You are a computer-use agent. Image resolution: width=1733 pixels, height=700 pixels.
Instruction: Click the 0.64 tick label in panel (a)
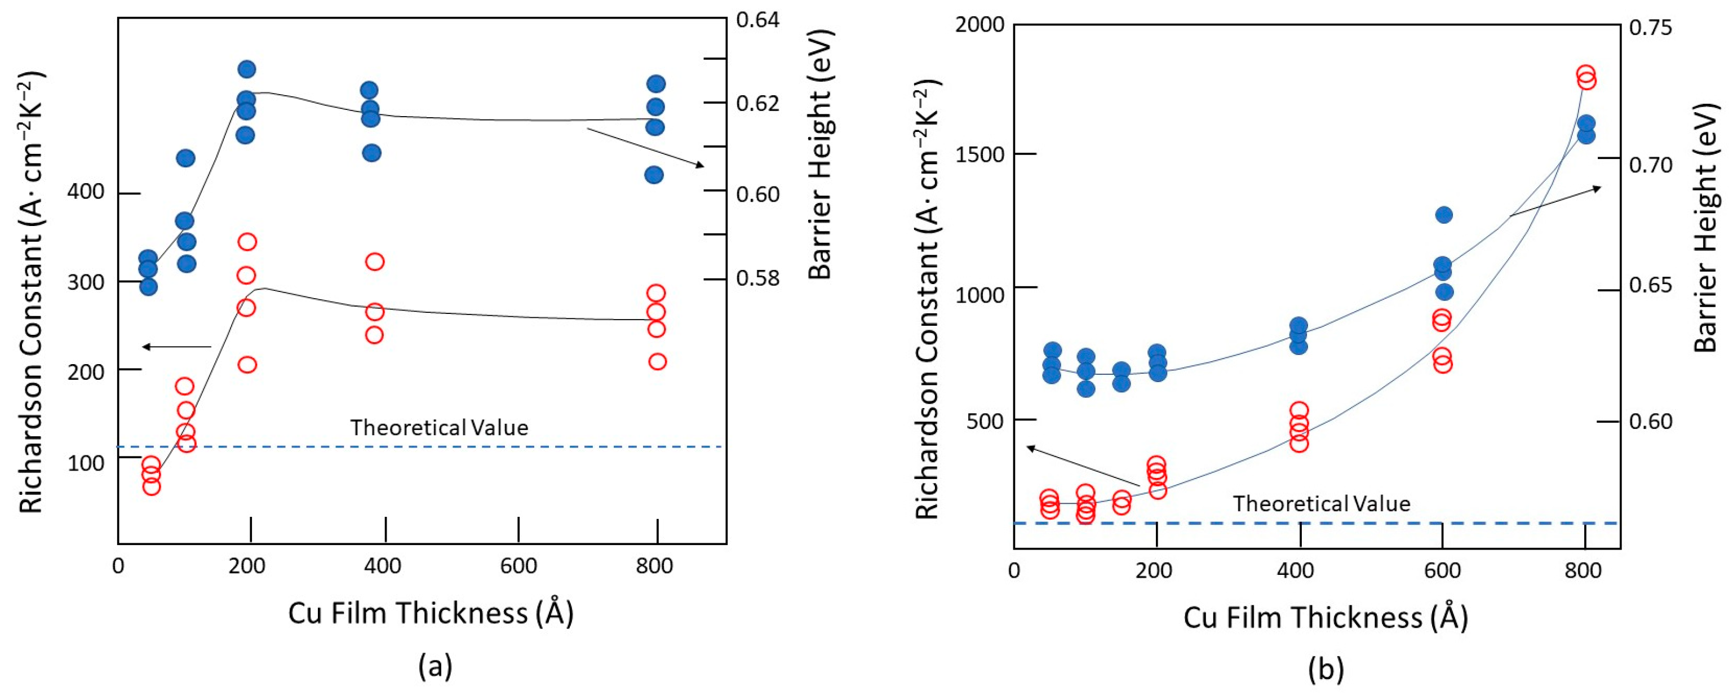coord(757,20)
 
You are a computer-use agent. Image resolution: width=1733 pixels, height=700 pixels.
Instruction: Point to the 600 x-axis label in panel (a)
coord(518,566)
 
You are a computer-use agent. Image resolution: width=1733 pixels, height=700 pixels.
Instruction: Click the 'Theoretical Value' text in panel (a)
coord(438,428)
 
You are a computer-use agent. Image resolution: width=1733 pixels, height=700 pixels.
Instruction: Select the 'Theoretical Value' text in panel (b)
coord(1321,504)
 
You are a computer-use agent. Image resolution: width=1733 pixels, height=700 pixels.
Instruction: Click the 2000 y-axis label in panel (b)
coord(979,25)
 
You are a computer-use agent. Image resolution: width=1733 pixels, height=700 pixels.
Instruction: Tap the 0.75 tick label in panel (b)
coord(1650,28)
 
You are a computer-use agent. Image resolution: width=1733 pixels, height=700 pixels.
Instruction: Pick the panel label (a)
coord(435,666)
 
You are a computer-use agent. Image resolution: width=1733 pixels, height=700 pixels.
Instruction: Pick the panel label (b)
coord(1326,669)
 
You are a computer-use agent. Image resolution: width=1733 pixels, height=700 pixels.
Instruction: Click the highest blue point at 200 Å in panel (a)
coord(247,69)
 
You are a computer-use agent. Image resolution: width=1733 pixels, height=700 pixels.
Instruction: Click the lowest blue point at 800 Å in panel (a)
coord(654,175)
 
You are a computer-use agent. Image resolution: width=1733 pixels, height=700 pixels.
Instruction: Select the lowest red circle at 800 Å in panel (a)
coord(657,361)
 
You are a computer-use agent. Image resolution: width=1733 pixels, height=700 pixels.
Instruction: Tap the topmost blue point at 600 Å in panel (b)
coord(1444,215)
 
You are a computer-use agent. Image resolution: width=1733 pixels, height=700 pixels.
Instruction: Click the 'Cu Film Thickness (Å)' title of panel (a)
coord(431,613)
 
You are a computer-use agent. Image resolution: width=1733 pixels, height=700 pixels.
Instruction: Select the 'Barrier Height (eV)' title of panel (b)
coord(1705,229)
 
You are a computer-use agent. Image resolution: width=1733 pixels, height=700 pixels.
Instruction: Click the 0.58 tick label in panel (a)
coord(757,278)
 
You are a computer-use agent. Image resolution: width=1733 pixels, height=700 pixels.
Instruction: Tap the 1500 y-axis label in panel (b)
coord(979,155)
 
